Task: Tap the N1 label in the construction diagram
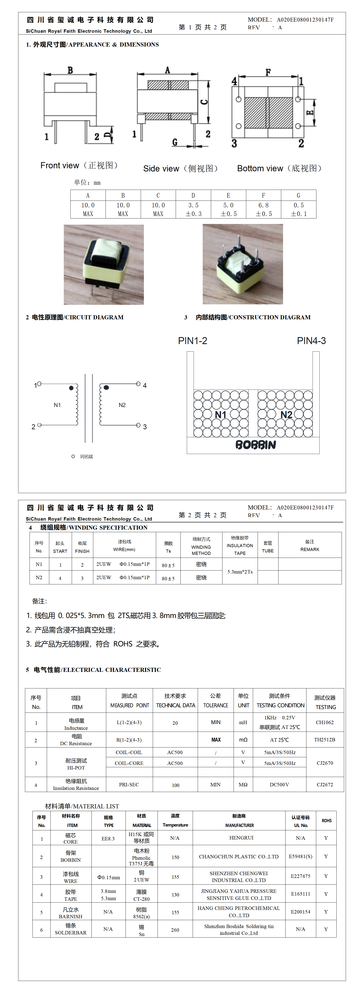[220, 415]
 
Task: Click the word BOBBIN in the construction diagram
[256, 445]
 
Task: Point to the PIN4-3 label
[311, 341]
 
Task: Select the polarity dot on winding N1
[71, 388]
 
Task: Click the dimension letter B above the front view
[70, 70]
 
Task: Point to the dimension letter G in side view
[175, 142]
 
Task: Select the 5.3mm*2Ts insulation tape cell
[240, 572]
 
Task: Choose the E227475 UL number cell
[300, 876]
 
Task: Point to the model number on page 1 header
[305, 20]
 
